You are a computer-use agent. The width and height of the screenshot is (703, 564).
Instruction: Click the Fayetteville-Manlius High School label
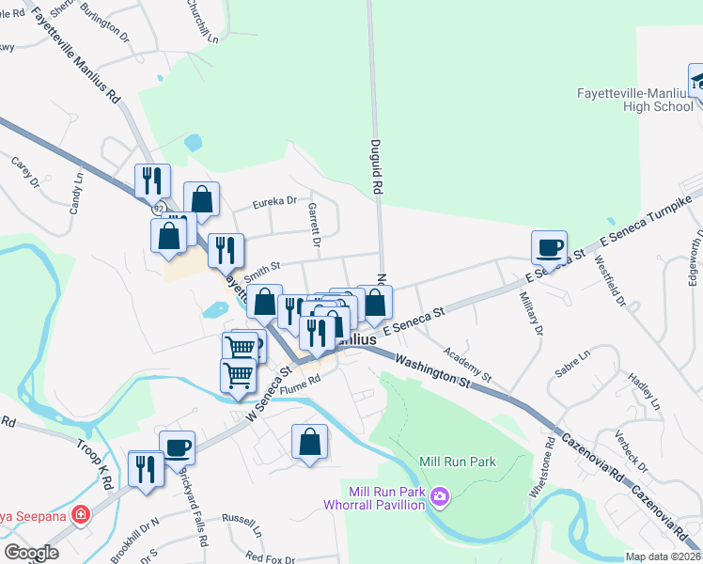pos(634,100)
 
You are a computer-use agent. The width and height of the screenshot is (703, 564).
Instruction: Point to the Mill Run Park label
pos(458,462)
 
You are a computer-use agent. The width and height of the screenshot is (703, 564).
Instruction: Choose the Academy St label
pos(467,362)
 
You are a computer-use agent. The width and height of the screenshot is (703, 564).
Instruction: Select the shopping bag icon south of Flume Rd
pos(310,443)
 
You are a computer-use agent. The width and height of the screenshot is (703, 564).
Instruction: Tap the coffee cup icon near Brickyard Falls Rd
pos(177,447)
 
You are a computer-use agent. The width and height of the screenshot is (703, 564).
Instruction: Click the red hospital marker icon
pos(82,515)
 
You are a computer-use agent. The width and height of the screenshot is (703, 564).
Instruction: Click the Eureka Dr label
pos(274,200)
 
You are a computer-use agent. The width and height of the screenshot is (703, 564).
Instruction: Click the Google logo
pos(31,552)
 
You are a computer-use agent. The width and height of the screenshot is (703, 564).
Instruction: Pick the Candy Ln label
pos(76,191)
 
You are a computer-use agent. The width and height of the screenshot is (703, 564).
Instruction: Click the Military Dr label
pos(530,318)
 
